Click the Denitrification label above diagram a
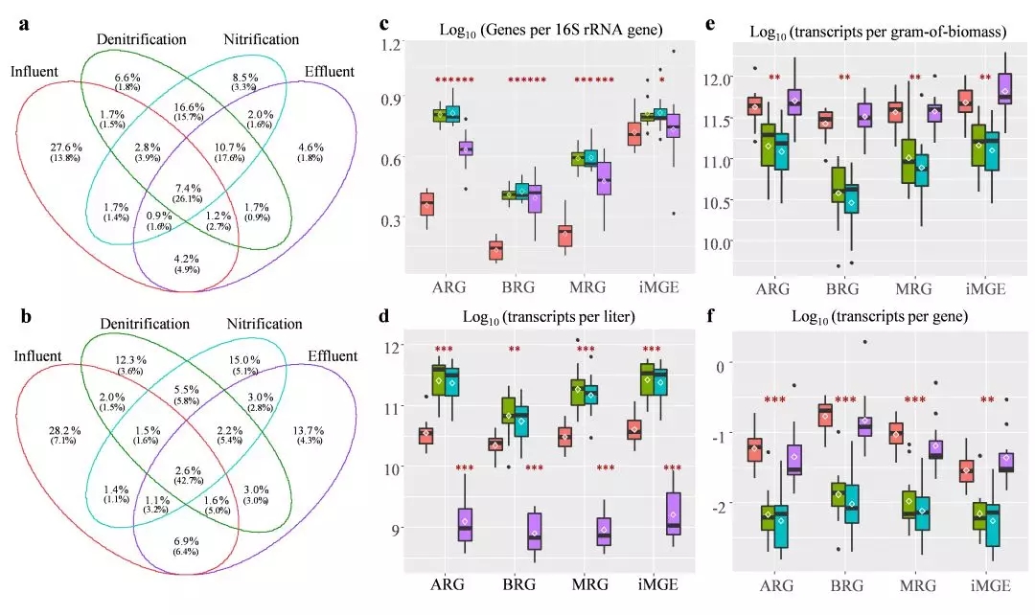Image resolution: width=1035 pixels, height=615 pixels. coord(141,39)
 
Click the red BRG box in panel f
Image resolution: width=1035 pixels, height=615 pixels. coord(824,414)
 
